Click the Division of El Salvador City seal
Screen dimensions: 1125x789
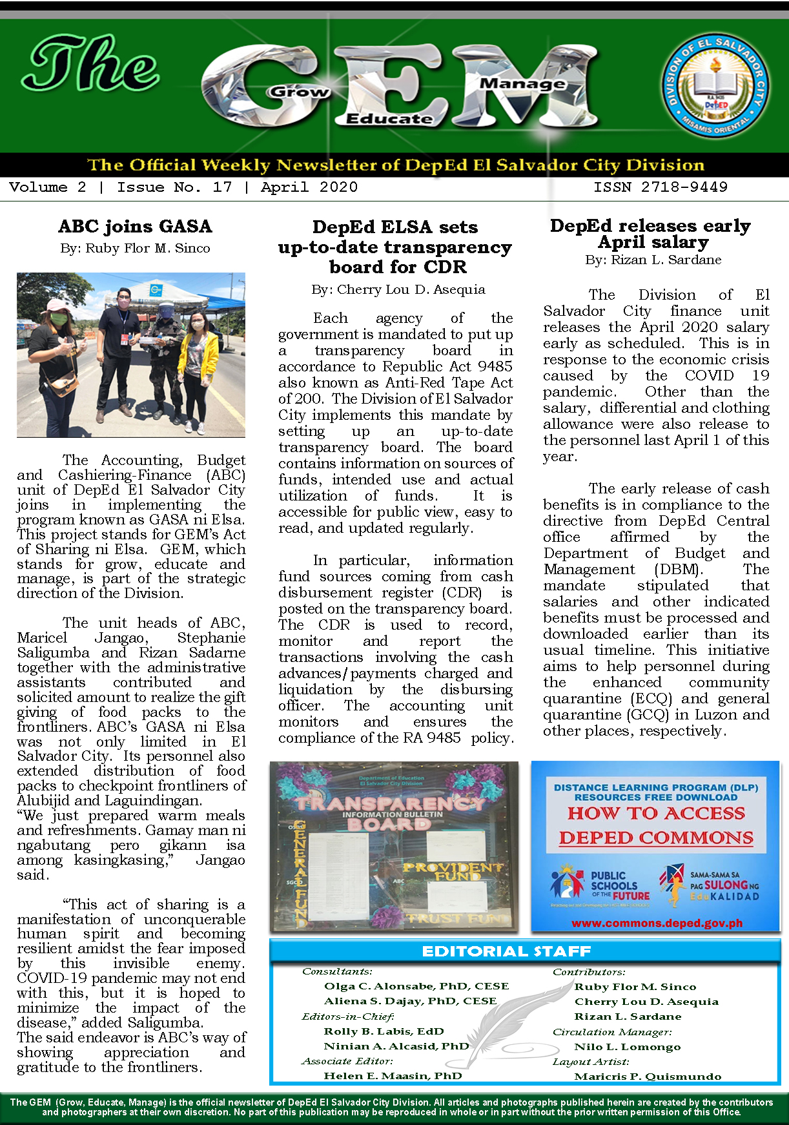716,85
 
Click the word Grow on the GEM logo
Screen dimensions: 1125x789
298,92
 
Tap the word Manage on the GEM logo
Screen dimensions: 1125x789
522,84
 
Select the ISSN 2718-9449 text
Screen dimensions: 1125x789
660,187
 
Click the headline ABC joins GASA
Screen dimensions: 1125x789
135,227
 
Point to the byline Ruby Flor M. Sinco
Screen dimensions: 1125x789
147,248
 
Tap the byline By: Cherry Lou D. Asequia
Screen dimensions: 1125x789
398,289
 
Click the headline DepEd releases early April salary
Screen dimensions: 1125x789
650,234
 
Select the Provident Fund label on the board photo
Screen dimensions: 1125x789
452,871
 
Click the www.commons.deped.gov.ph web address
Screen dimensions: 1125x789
656,923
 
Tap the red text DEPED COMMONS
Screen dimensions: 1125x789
656,838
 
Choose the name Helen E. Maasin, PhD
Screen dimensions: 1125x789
393,1076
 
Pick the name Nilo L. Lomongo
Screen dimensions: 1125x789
627,1047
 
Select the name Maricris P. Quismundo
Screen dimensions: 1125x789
648,1077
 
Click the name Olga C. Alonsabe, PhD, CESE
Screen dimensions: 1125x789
416,986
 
